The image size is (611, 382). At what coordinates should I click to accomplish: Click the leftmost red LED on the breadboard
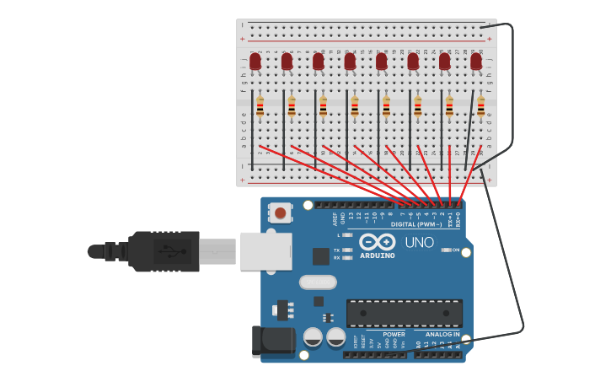255,62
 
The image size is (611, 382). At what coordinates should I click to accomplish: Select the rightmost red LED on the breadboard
476,62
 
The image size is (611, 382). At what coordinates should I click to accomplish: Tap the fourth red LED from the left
350,62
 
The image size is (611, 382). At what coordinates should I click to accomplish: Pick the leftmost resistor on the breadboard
260,107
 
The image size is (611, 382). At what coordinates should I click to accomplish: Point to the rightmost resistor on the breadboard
481,107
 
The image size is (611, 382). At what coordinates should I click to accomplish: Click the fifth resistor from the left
386,107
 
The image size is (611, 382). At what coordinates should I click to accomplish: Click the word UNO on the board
419,243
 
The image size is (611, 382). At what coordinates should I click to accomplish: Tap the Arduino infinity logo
378,241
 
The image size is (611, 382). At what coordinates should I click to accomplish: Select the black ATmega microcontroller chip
405,313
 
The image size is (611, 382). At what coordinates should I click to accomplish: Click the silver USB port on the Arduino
265,251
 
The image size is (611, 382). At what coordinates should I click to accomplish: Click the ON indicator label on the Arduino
455,250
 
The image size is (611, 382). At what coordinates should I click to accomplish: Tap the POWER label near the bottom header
394,334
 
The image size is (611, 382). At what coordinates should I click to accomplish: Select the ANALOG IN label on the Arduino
442,334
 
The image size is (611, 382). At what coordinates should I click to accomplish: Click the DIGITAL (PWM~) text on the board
416,224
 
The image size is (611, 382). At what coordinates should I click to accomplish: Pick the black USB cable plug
164,251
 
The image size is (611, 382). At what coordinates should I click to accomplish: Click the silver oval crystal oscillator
318,282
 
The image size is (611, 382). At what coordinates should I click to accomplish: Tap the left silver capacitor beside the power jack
313,337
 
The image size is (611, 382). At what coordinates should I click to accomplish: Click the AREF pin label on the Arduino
335,218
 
